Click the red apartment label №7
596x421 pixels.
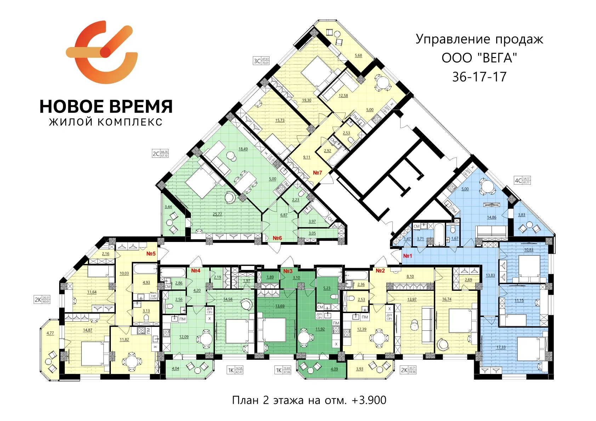(x=317, y=173)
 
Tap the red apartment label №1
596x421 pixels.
(x=408, y=256)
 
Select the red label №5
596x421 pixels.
(x=151, y=254)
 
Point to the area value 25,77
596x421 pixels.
(x=217, y=214)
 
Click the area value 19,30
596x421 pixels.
(x=306, y=100)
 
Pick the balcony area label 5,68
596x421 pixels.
(x=358, y=56)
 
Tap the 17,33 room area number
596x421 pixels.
(x=501, y=347)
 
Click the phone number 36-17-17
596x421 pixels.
(x=479, y=77)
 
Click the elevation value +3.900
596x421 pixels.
(x=369, y=400)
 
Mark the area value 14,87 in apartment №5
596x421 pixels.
(x=87, y=330)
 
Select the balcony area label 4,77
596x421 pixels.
(x=50, y=333)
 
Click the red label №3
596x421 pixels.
(x=288, y=271)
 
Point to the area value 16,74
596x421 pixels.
(x=447, y=299)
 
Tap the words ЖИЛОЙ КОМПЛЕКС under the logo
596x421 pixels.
(x=106, y=122)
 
